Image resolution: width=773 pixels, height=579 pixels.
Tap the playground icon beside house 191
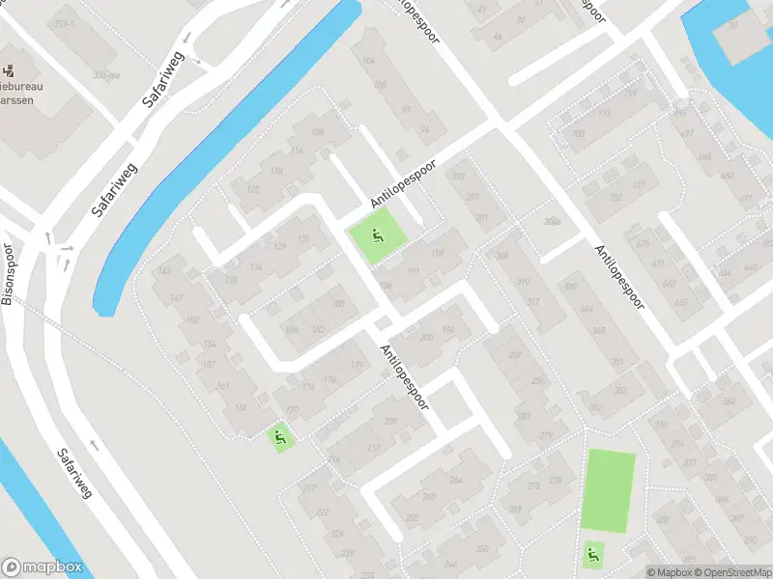(x=376, y=233)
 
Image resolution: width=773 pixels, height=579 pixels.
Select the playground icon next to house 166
(x=281, y=439)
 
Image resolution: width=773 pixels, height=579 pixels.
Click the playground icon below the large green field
(x=591, y=555)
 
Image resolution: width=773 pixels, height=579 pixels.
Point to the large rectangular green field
(x=610, y=489)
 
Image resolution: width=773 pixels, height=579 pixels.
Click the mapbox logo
(x=41, y=567)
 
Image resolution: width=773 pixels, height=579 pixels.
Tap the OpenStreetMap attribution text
(x=731, y=572)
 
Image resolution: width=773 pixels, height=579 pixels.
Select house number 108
(x=316, y=132)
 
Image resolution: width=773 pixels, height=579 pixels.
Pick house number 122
(x=253, y=190)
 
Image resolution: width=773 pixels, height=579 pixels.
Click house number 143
(x=163, y=271)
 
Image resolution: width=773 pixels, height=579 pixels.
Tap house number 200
(x=427, y=337)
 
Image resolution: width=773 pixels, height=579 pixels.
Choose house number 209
(x=390, y=422)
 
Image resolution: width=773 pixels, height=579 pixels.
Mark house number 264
(x=455, y=481)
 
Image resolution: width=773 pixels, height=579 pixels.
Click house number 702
(x=616, y=197)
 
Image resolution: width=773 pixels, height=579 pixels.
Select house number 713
(x=605, y=114)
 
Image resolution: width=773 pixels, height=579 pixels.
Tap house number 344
(x=586, y=309)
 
